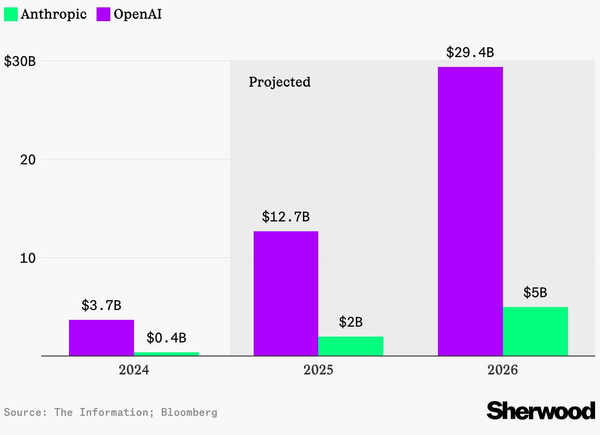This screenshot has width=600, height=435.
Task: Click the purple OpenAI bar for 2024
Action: click(x=101, y=338)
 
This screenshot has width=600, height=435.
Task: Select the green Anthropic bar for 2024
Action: click(x=167, y=354)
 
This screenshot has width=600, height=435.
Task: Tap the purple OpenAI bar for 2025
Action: click(x=286, y=293)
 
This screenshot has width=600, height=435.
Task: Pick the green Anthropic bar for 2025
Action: click(x=351, y=346)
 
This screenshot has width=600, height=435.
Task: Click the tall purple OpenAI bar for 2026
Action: click(x=470, y=211)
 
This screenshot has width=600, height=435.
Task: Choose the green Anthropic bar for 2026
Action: click(x=535, y=331)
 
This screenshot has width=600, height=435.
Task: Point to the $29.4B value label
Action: click(x=470, y=52)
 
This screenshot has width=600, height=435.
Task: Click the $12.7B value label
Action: click(x=286, y=217)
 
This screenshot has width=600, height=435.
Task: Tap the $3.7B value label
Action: click(x=101, y=305)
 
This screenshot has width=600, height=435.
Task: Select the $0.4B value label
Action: click(x=167, y=338)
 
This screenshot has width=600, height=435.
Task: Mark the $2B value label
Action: click(x=351, y=322)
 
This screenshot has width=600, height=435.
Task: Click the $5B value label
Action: click(x=535, y=293)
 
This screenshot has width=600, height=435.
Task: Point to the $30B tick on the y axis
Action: click(x=20, y=62)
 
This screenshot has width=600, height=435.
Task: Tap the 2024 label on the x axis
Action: click(x=133, y=370)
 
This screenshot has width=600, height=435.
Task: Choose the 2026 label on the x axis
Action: click(x=502, y=370)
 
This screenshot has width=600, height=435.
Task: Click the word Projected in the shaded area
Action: click(x=279, y=82)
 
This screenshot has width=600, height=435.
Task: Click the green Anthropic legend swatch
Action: click(x=11, y=14)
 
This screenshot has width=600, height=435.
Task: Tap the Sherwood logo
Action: click(x=540, y=410)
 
